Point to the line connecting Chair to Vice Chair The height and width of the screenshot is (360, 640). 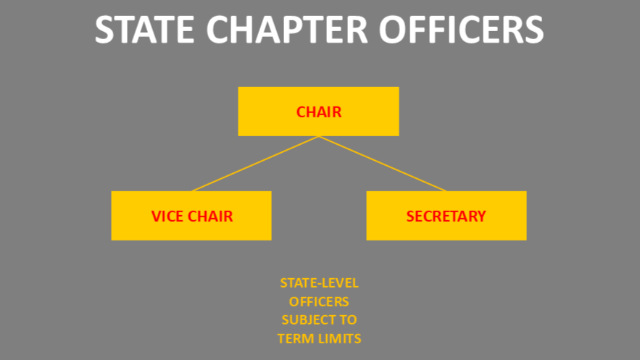click(255, 164)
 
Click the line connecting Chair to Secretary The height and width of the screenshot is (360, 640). click(383, 164)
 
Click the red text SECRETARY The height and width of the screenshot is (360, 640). click(446, 216)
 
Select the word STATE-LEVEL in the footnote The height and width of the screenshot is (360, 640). click(319, 283)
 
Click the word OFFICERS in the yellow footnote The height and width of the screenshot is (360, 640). click(319, 301)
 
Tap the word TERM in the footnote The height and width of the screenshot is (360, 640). click(294, 338)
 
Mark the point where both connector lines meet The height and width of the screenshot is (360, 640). click(319, 137)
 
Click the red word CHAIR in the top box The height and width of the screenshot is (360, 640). click(318, 112)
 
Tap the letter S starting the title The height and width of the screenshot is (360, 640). click(104, 30)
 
